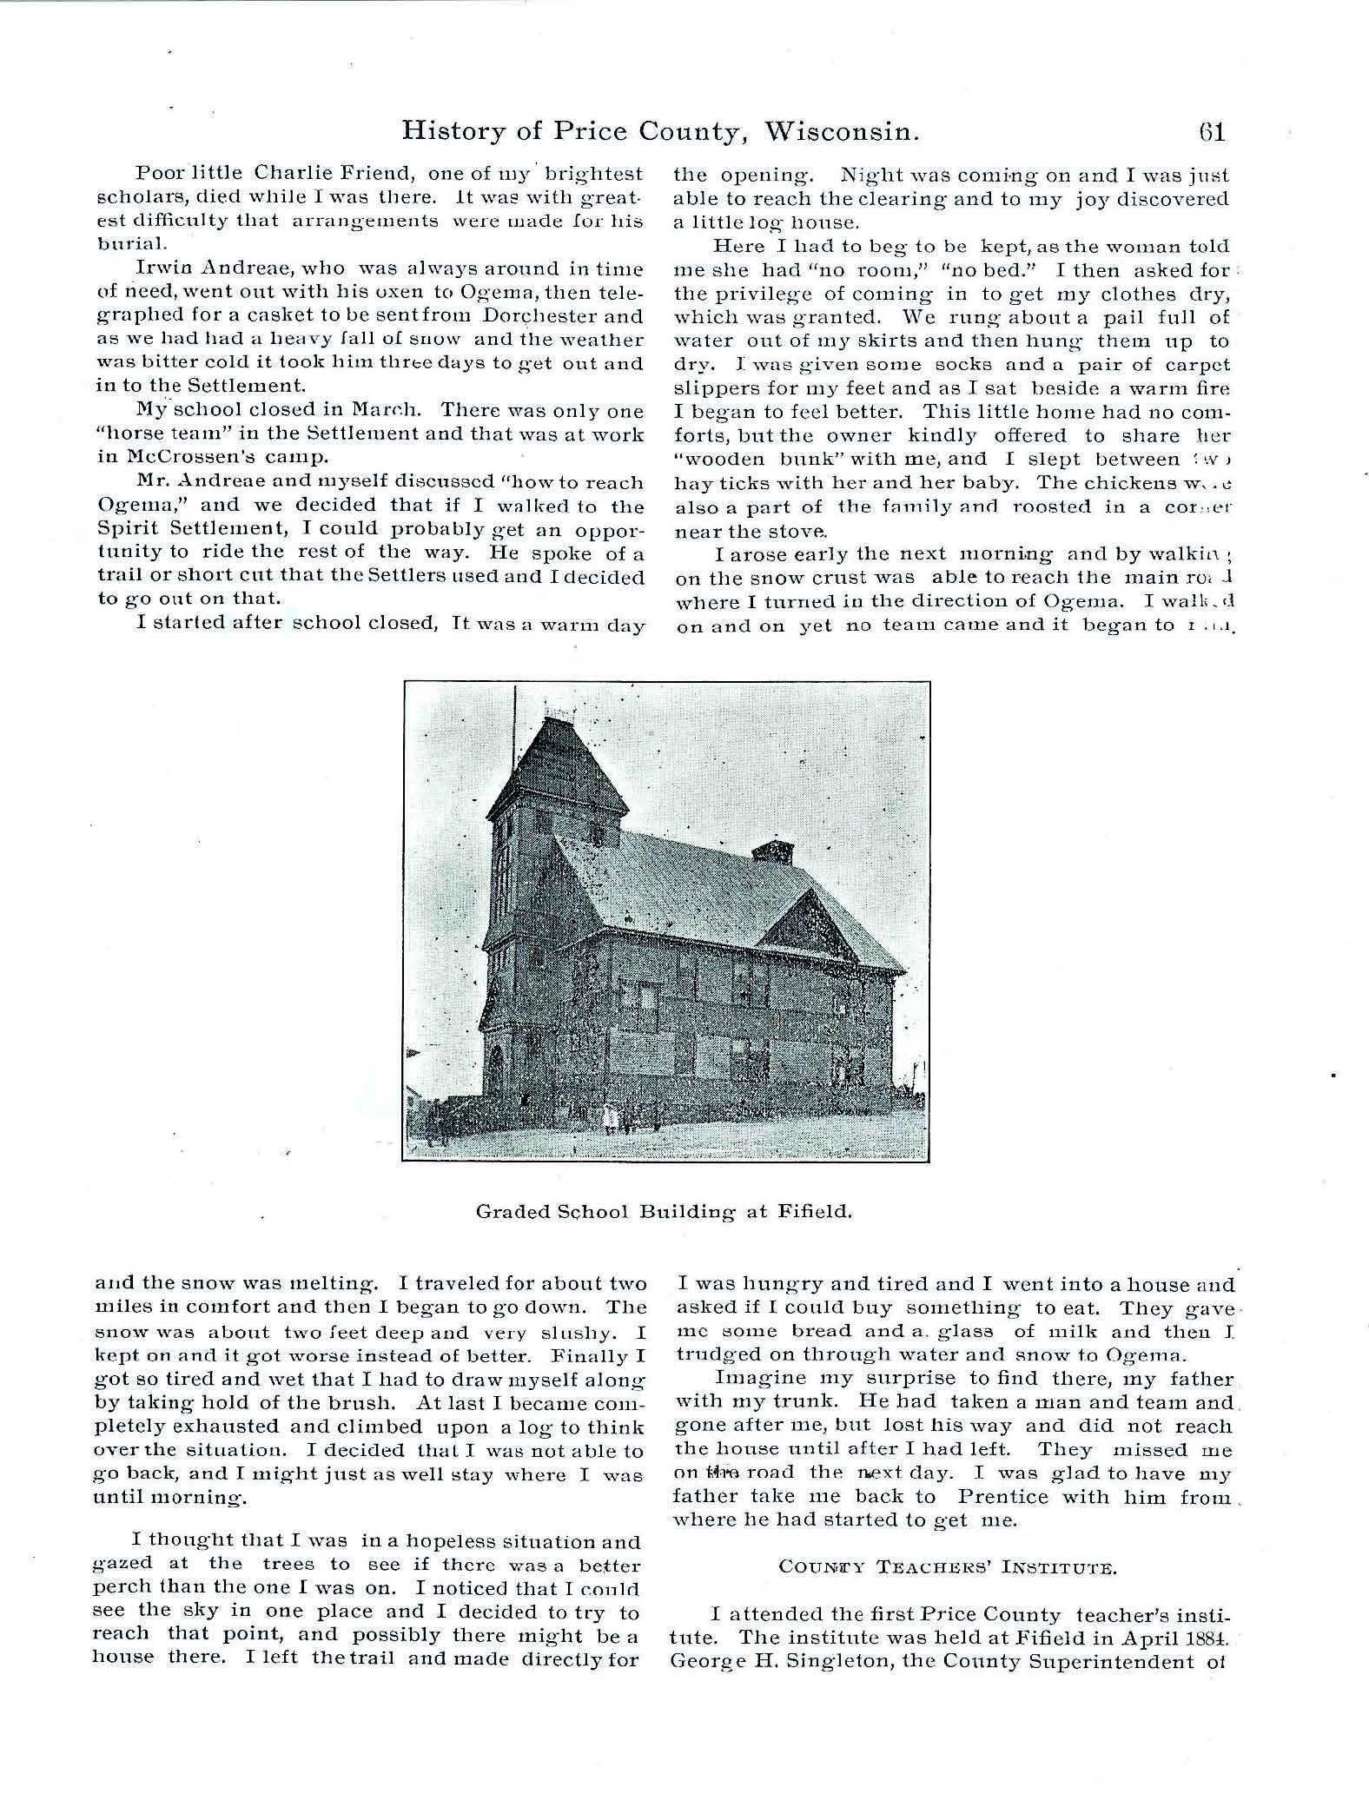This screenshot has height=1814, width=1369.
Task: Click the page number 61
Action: pos(1211,132)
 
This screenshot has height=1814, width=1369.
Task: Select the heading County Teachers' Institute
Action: pos(947,1567)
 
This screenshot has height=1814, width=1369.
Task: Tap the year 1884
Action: pos(1204,1638)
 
